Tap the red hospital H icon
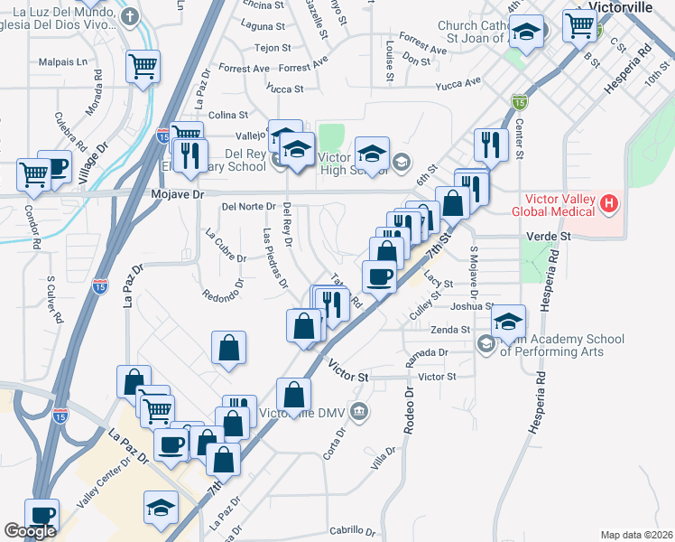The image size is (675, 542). (x=609, y=203)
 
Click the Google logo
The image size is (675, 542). (x=30, y=531)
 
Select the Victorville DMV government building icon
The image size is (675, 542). (x=360, y=412)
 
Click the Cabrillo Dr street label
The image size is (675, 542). (x=351, y=530)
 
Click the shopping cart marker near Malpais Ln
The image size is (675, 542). (x=143, y=66)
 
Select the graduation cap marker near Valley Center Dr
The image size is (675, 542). (x=160, y=507)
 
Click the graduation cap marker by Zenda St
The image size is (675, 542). (x=509, y=321)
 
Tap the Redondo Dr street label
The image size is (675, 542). (x=225, y=295)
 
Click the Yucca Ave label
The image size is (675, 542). (x=458, y=84)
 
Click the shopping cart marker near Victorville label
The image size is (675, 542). (x=578, y=24)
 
